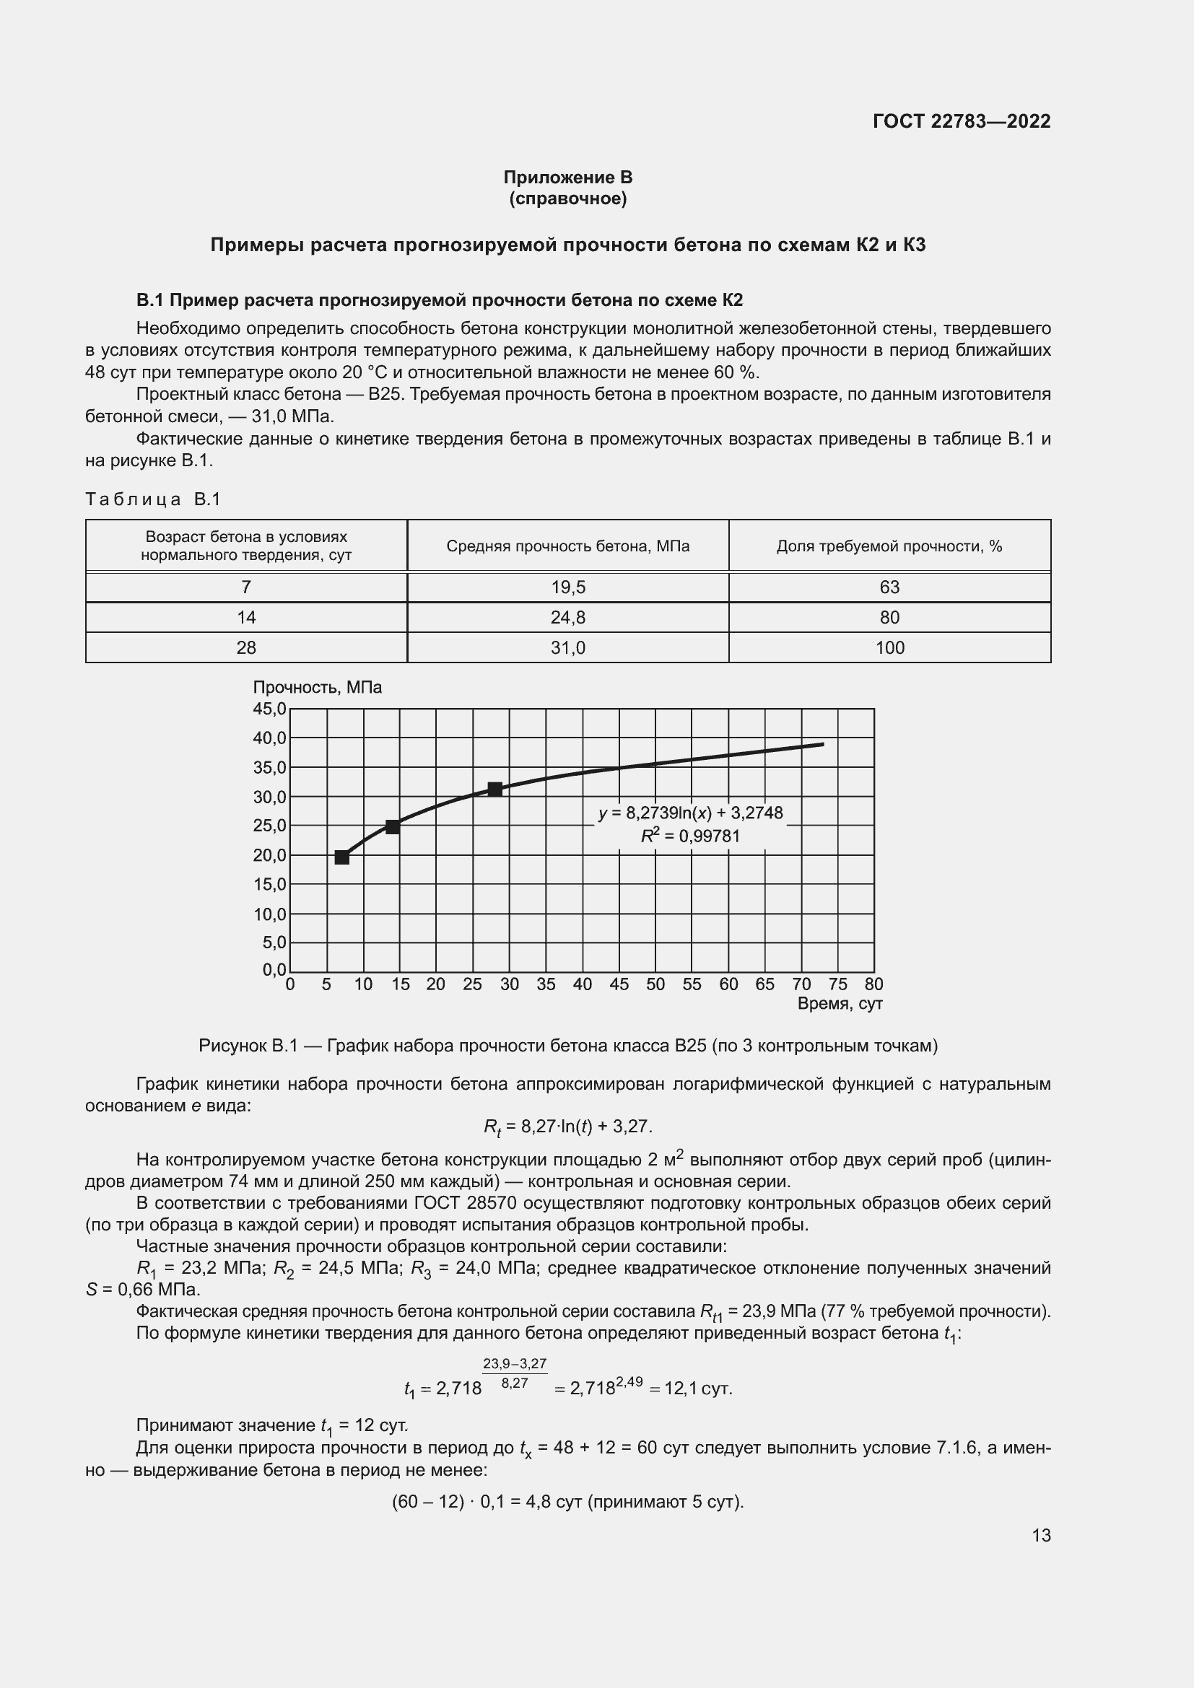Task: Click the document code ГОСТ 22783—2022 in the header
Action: [x=961, y=121]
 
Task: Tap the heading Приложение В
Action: [x=567, y=178]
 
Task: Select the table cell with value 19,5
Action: [x=567, y=587]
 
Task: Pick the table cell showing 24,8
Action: [x=567, y=618]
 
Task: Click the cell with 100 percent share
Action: [x=889, y=647]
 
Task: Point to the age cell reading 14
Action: [x=246, y=618]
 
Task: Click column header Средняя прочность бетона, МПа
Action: [x=567, y=546]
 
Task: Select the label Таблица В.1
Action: [x=153, y=500]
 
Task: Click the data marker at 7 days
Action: [x=342, y=857]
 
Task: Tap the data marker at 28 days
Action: [x=494, y=790]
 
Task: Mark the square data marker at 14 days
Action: [x=393, y=827]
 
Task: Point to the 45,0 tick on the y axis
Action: [x=269, y=709]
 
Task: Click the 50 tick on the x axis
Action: [x=655, y=984]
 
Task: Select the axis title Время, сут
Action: [x=840, y=1005]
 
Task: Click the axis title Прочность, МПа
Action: [x=318, y=688]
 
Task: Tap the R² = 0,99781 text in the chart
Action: [x=690, y=836]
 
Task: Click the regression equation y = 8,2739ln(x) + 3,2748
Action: [x=690, y=813]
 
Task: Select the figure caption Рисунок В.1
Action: [x=567, y=1046]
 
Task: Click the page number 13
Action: [x=1041, y=1536]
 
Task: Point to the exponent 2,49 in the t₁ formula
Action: [x=630, y=1382]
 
